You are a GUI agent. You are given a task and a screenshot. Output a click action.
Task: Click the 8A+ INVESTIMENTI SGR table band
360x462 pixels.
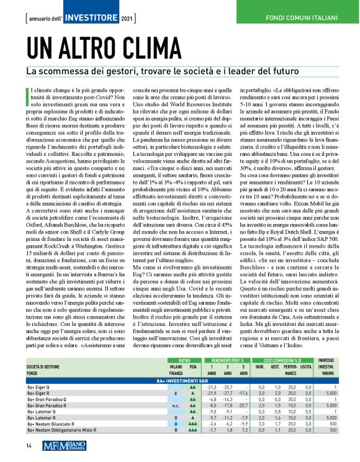[180, 379]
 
